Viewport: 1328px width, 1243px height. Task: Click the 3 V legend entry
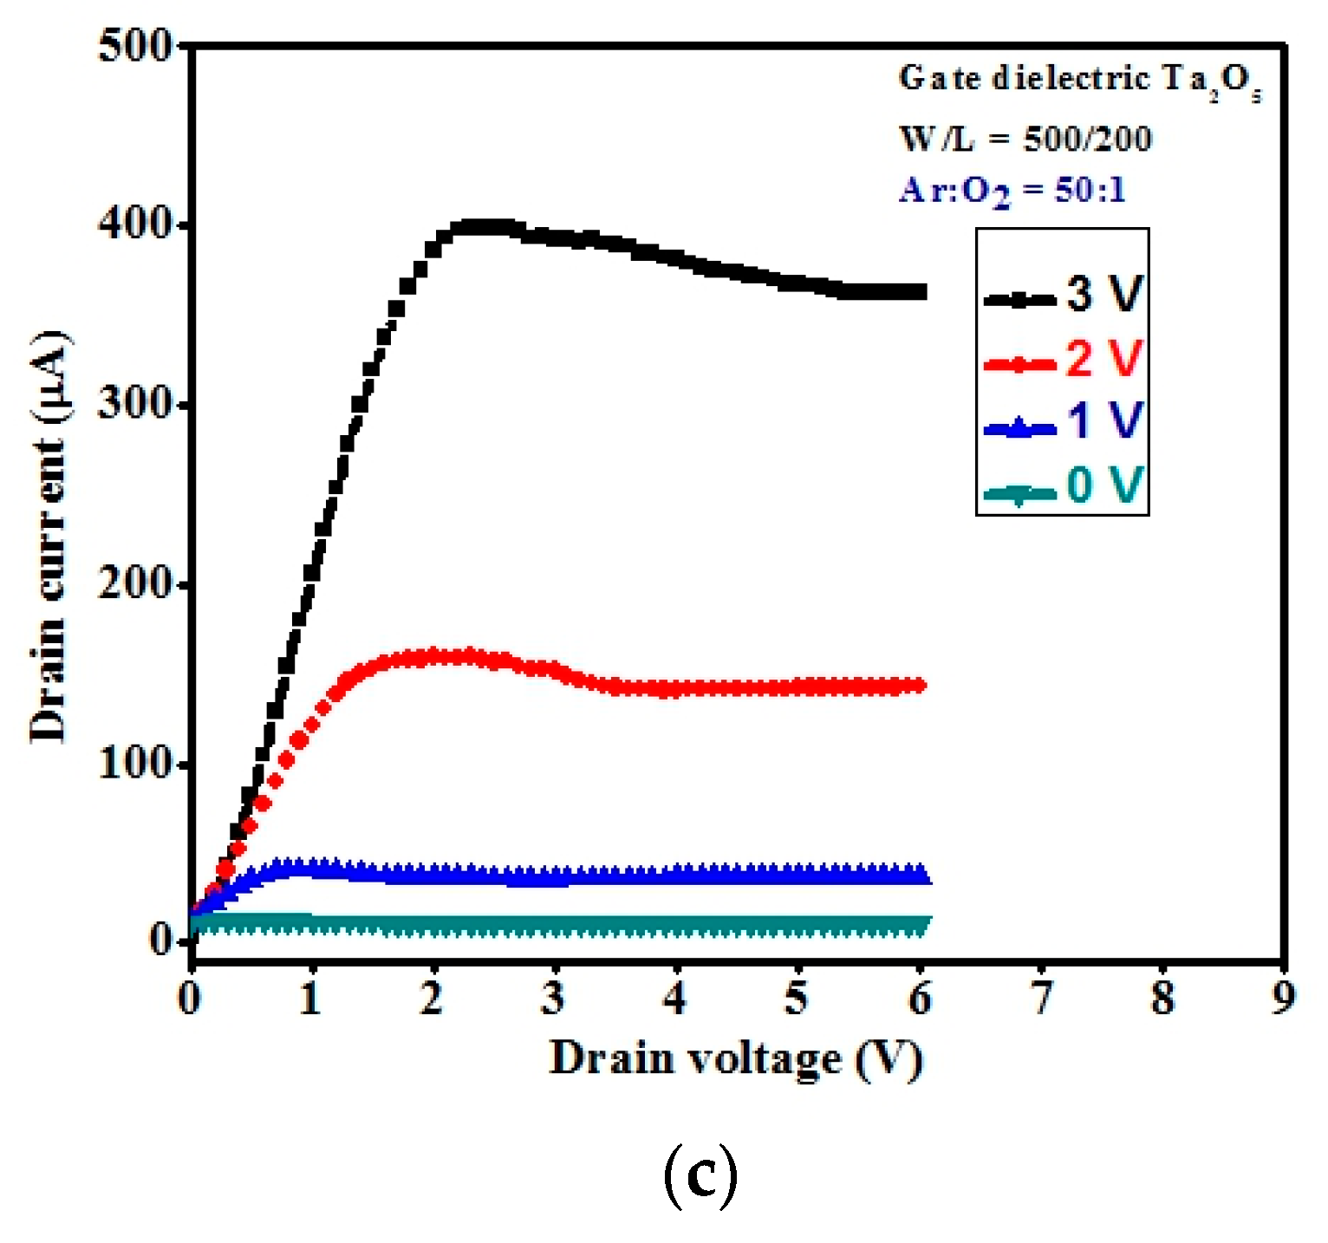tap(1064, 295)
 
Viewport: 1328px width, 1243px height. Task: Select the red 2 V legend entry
tap(1064, 358)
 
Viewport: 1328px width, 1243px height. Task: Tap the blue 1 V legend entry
tap(1064, 420)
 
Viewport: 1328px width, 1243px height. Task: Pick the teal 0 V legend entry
tap(1064, 485)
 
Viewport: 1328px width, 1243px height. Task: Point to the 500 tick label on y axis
tap(137, 45)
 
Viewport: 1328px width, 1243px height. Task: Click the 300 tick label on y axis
tap(137, 404)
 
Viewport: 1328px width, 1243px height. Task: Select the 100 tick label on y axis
tap(137, 764)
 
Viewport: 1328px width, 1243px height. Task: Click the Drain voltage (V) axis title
tap(736, 1059)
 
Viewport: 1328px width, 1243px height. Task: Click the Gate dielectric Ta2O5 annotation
tap(1079, 81)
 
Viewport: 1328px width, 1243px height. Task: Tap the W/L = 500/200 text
tap(1025, 139)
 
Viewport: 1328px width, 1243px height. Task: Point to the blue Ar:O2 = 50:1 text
tap(1012, 191)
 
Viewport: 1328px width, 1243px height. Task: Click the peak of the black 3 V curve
tap(485, 228)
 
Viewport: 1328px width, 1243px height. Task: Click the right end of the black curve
tap(921, 292)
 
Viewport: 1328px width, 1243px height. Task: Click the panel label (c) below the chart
tap(700, 1176)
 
